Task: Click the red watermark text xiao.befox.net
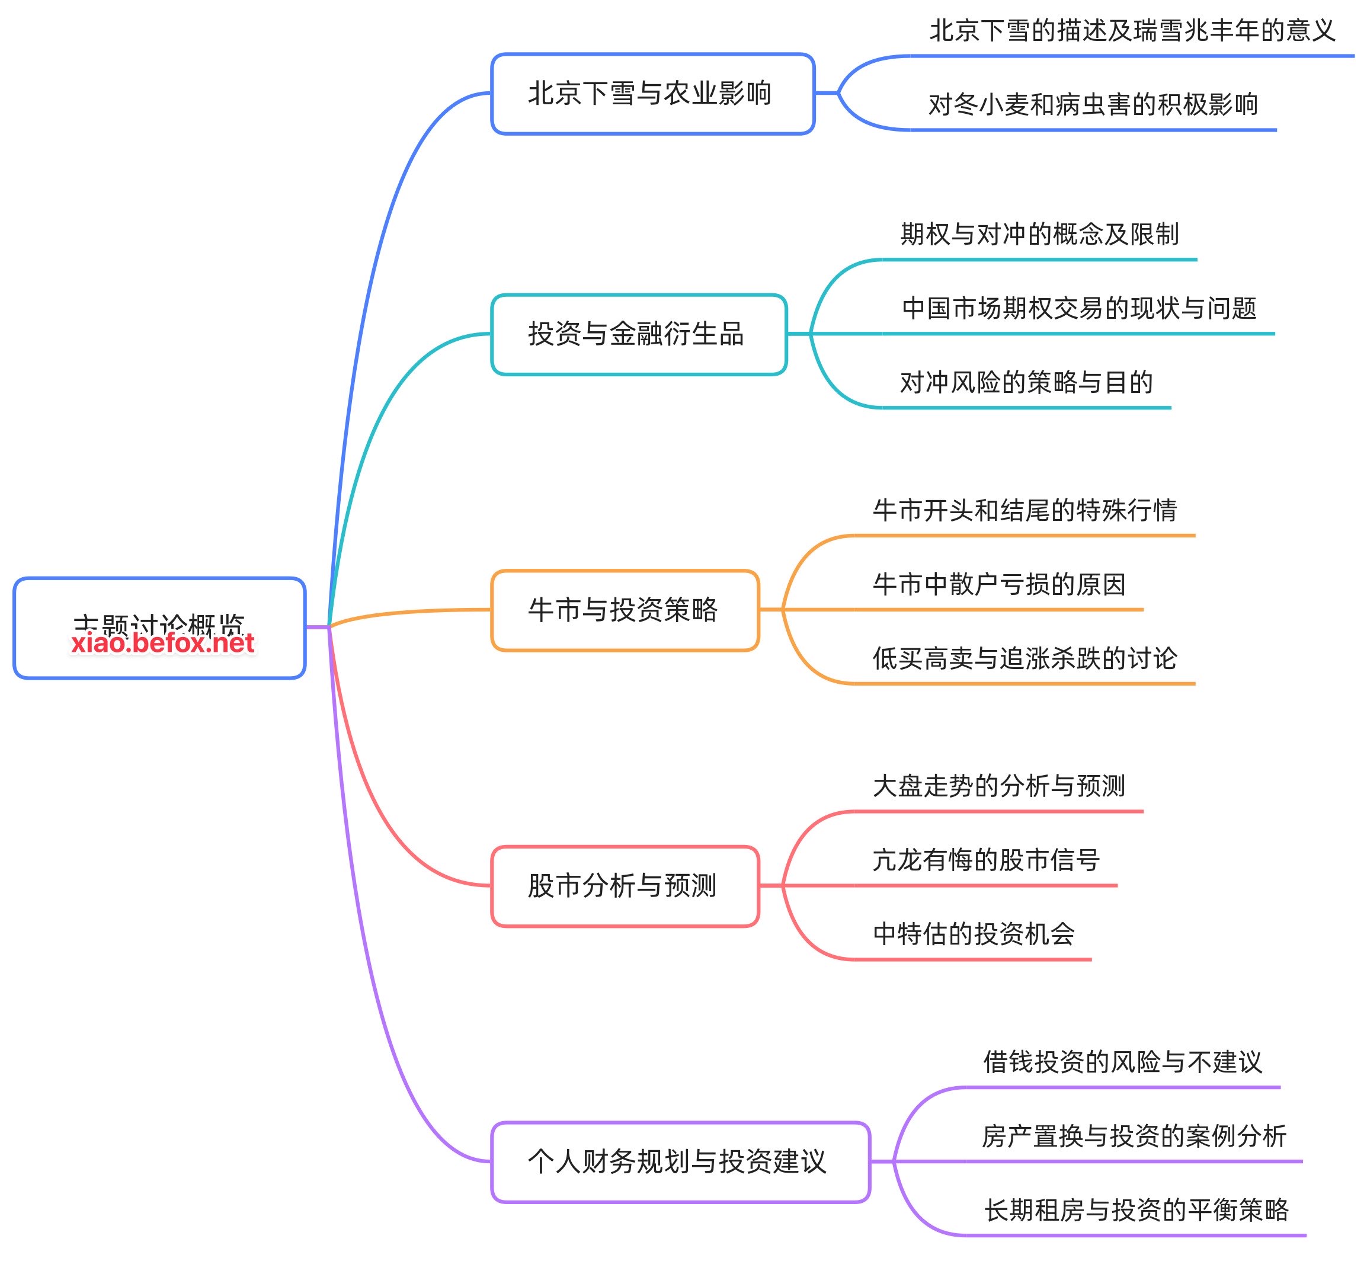point(163,644)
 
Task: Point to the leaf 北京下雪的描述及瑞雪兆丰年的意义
point(1131,31)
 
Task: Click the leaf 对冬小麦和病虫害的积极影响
point(1093,104)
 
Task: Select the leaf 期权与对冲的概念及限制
point(1039,235)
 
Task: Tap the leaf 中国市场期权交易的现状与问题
point(1078,308)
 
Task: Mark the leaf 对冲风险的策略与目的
point(1026,382)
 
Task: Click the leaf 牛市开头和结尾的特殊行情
point(1025,510)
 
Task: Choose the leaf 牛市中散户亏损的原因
point(998,584)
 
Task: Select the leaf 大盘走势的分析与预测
point(998,786)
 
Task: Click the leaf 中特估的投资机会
point(973,934)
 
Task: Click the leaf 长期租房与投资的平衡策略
point(1136,1210)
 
